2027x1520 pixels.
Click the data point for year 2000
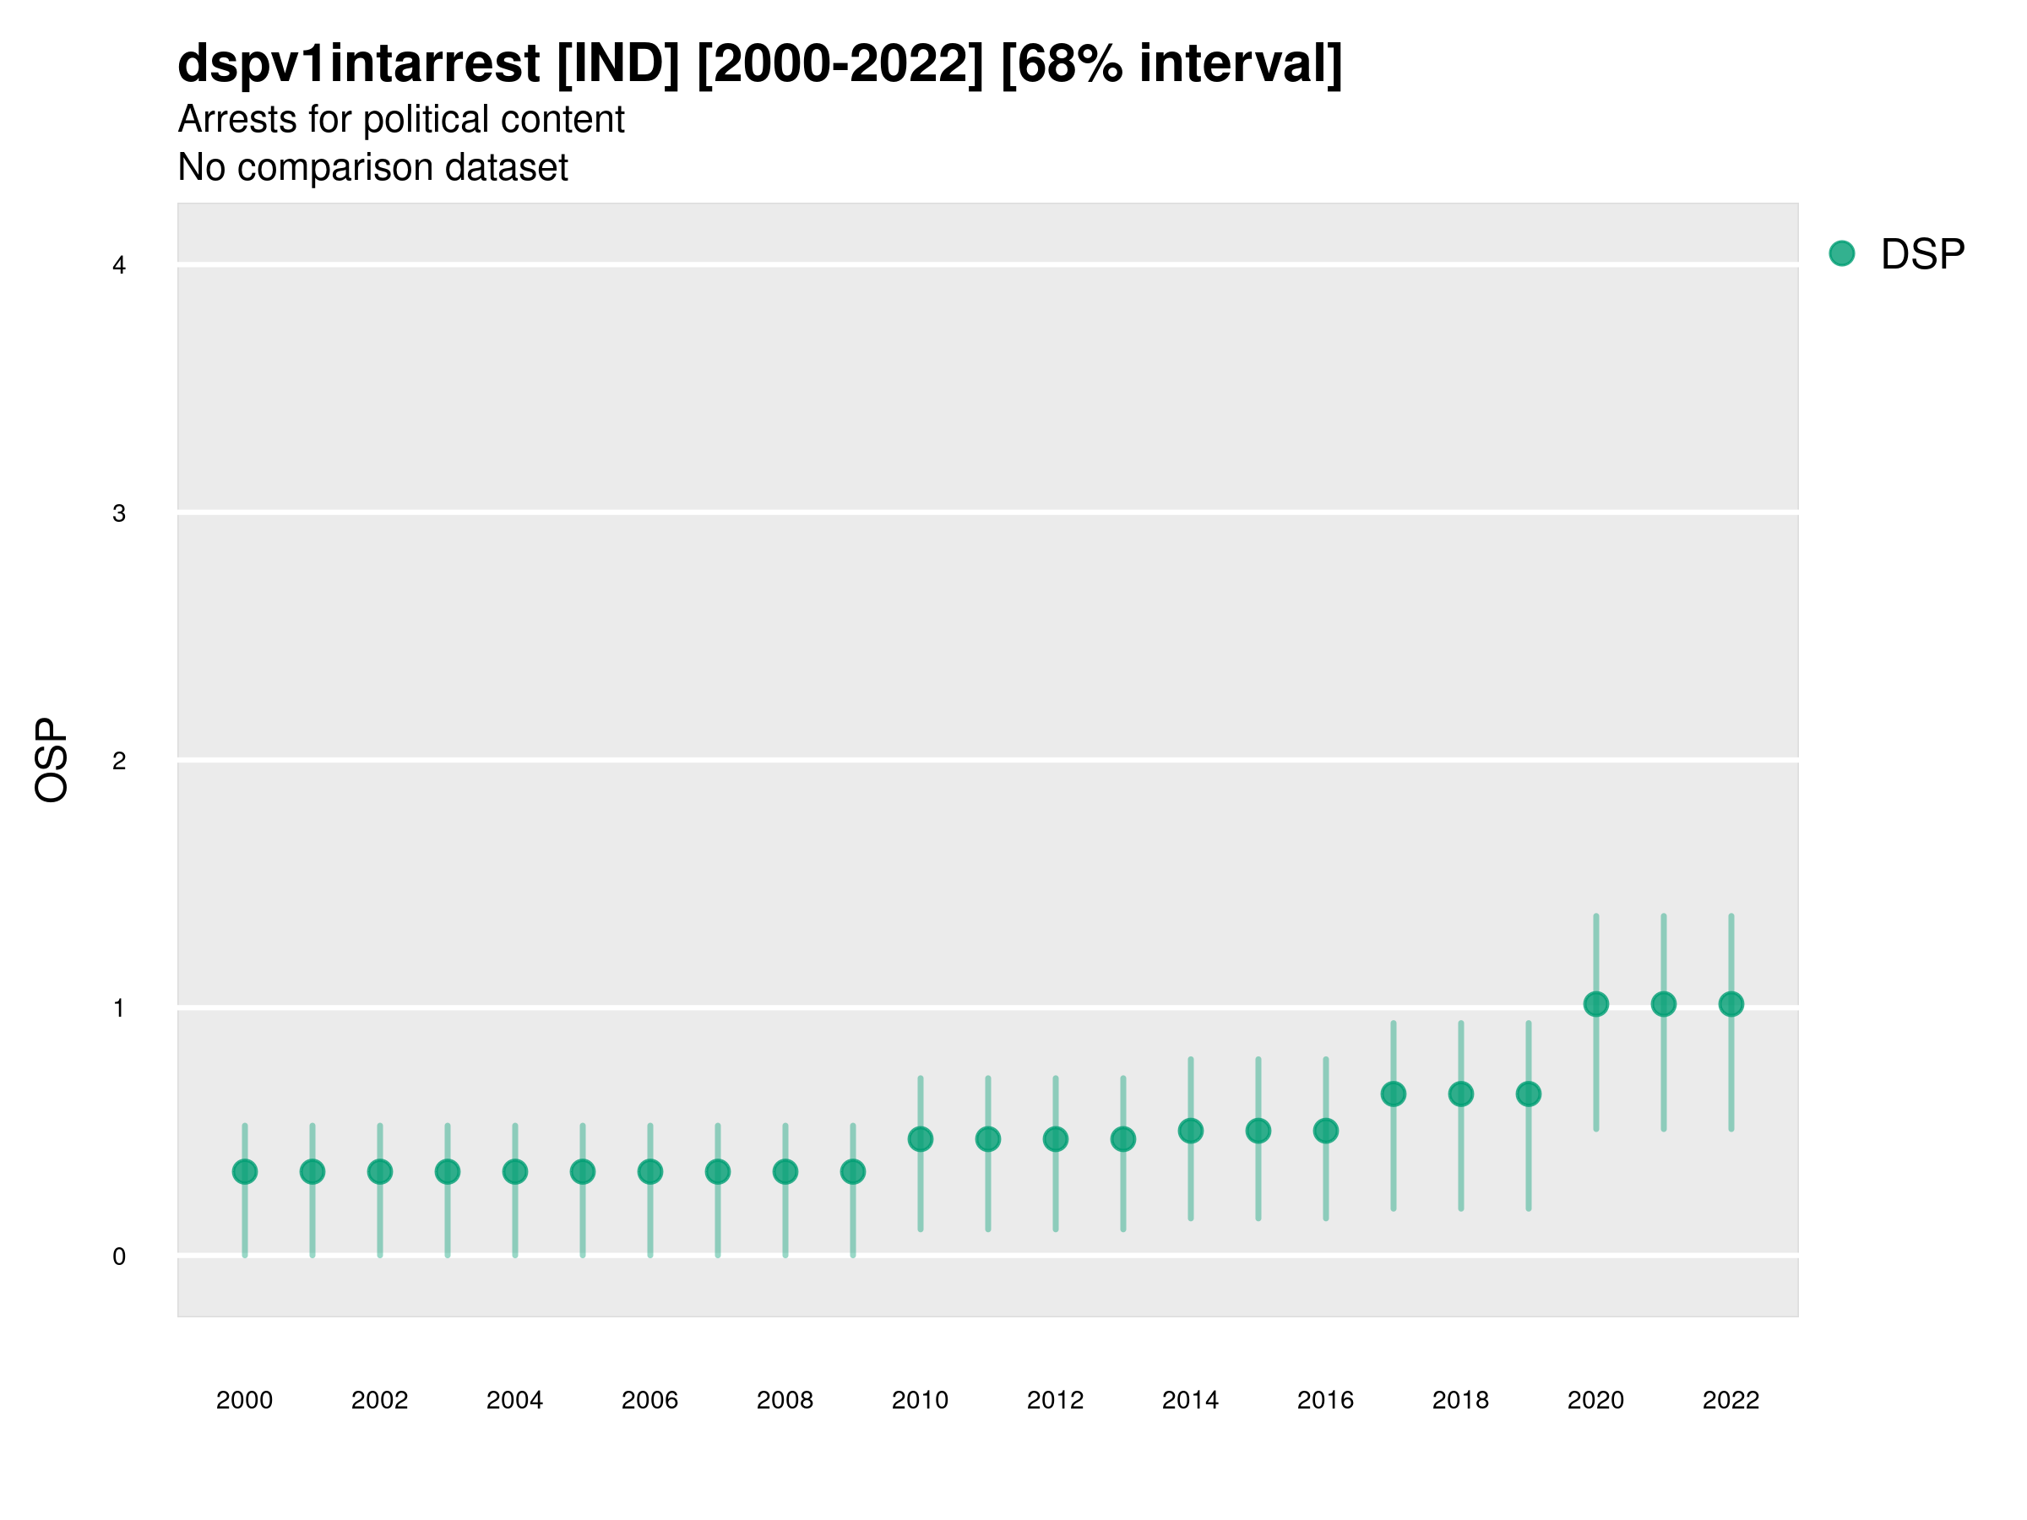click(x=245, y=1172)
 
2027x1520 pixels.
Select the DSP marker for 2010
click(x=920, y=1139)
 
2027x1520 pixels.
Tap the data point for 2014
click(x=1190, y=1131)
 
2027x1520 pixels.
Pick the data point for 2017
click(x=1393, y=1094)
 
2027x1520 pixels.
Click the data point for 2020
click(x=1595, y=1004)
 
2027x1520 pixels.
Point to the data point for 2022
click(x=1731, y=1004)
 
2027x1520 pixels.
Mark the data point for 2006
click(x=649, y=1172)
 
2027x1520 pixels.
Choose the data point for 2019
click(x=1529, y=1094)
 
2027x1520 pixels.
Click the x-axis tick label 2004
click(x=514, y=1400)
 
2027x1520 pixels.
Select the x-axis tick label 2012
click(x=1055, y=1400)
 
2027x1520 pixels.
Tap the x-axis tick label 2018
click(x=1460, y=1400)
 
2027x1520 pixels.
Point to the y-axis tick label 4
click(x=119, y=266)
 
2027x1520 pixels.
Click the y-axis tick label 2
click(x=119, y=762)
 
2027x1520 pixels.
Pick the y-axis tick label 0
click(x=119, y=1257)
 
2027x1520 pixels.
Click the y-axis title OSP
click(x=52, y=761)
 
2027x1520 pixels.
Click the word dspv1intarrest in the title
click(x=358, y=64)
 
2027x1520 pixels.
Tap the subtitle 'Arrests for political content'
click(x=400, y=120)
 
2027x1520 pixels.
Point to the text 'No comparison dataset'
click(x=373, y=168)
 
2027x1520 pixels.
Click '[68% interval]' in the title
click(x=1171, y=64)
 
